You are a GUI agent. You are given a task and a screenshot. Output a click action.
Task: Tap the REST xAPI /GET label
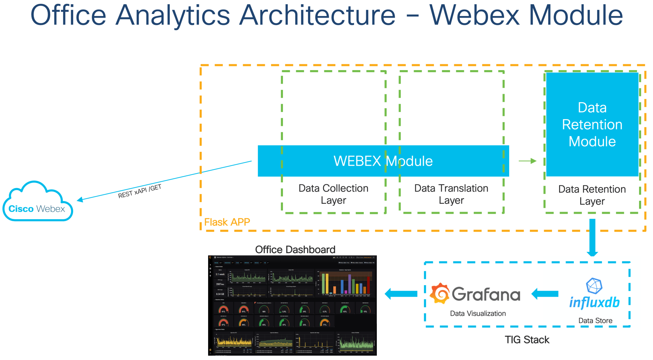(139, 192)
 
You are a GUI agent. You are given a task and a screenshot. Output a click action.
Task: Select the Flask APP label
(227, 222)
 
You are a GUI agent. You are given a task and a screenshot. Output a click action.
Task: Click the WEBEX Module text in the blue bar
(383, 161)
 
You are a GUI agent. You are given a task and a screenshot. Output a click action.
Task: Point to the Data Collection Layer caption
(333, 194)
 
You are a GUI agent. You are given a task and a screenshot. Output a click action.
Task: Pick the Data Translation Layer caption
(451, 194)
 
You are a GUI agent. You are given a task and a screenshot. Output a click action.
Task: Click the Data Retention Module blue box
(592, 124)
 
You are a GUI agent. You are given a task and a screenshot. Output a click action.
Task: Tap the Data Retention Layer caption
(592, 195)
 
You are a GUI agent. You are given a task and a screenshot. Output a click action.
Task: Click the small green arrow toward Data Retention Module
(528, 161)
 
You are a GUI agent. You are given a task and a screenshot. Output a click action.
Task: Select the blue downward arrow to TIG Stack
(592, 238)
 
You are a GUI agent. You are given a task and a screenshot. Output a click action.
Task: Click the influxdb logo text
(595, 302)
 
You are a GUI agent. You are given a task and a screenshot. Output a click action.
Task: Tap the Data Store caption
(595, 321)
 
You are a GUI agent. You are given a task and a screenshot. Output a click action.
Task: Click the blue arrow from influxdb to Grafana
(545, 294)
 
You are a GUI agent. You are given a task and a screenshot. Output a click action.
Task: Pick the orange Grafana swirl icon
(440, 293)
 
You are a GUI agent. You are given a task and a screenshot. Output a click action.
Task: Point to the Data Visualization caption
(478, 313)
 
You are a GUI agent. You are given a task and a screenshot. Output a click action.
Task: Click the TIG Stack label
(527, 340)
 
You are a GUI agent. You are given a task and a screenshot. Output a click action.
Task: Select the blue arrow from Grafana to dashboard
(401, 294)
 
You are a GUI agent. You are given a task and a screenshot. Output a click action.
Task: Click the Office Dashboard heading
(295, 249)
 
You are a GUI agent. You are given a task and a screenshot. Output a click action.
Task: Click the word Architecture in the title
(317, 15)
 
